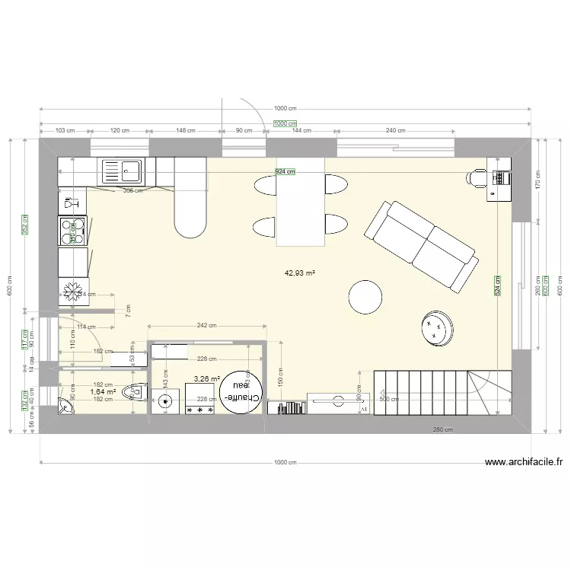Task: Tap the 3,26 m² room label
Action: (x=206, y=378)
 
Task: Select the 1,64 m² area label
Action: (x=102, y=392)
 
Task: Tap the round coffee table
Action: (x=365, y=297)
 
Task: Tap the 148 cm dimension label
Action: (x=186, y=130)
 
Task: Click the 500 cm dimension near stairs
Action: (x=389, y=399)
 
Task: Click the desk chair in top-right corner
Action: (x=477, y=179)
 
